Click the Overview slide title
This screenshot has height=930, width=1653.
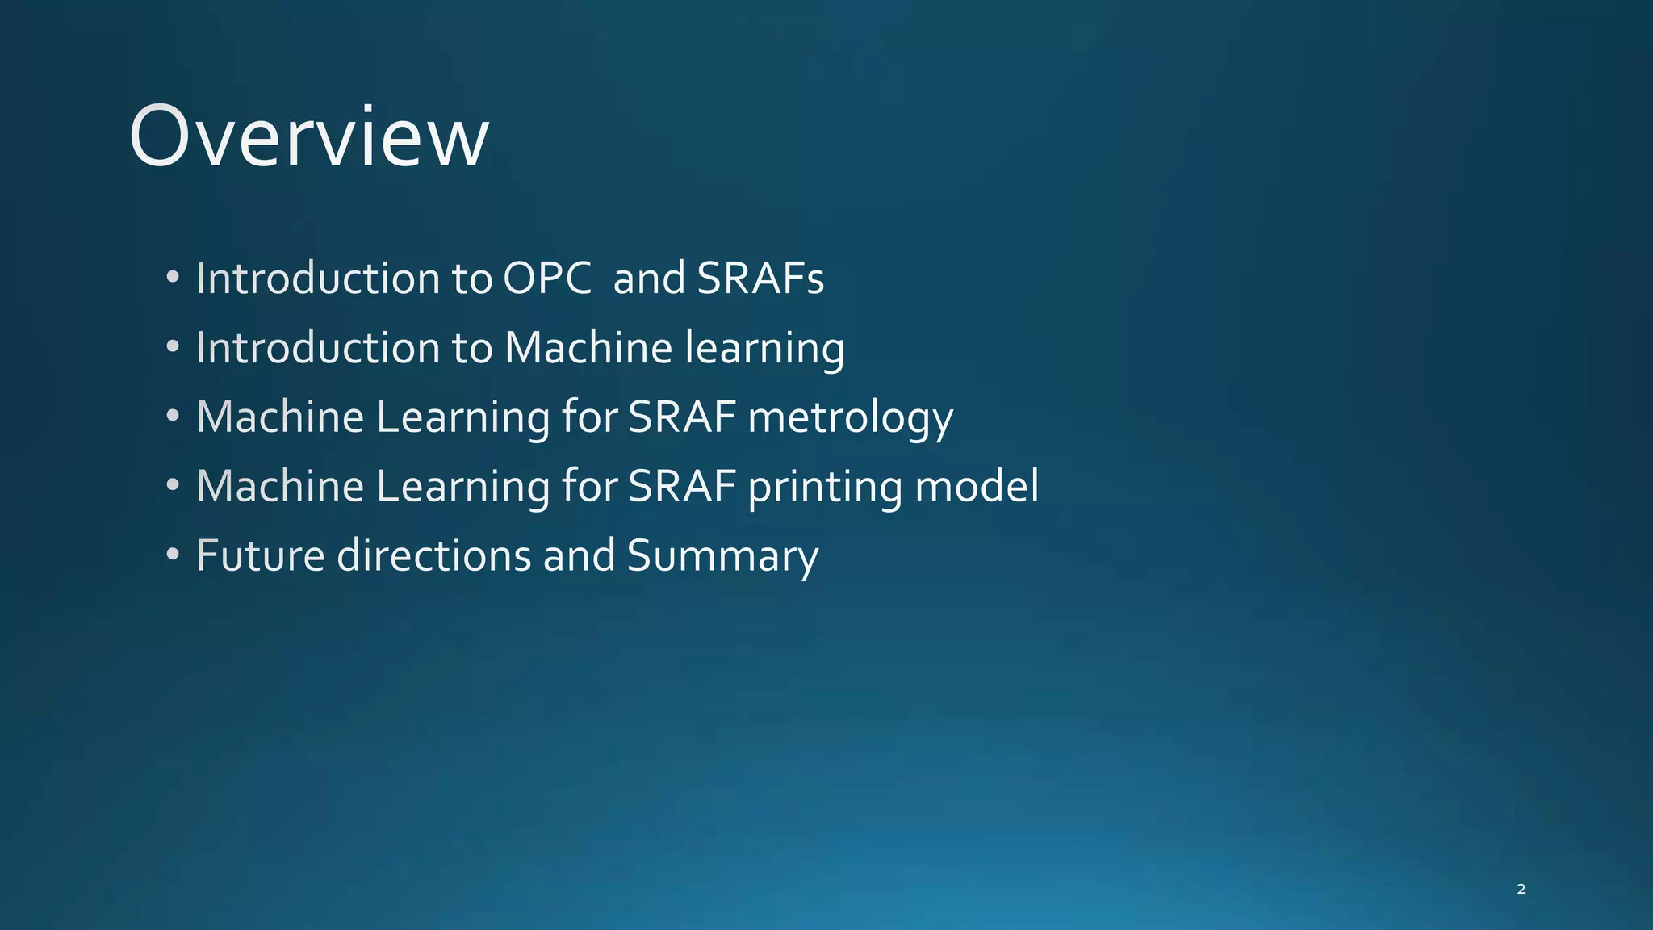[308, 137]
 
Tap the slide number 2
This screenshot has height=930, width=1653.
[1521, 889]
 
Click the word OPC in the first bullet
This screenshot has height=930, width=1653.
[547, 279]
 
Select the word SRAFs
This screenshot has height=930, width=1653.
[760, 279]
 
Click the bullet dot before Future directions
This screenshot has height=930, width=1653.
[173, 555]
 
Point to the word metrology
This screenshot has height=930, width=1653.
[850, 418]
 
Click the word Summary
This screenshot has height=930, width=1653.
[722, 557]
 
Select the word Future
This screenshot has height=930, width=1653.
[261, 556]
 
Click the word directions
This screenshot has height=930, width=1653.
[433, 556]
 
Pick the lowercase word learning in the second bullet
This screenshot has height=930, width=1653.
[764, 349]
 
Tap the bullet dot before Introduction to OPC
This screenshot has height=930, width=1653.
[173, 278]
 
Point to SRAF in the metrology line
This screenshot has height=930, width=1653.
[682, 417]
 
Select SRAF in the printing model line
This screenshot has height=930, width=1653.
[682, 487]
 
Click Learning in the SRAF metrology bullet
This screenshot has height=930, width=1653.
[462, 418]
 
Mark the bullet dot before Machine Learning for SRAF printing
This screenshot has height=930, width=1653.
[173, 485]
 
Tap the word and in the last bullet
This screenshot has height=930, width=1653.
[579, 556]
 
